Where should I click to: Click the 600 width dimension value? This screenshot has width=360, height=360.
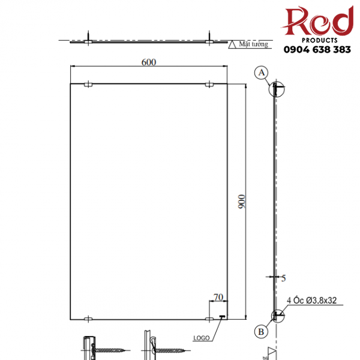pyautogui.click(x=148, y=62)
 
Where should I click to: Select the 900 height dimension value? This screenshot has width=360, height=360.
pyautogui.click(x=241, y=202)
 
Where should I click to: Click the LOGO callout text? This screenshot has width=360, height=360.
pyautogui.click(x=201, y=338)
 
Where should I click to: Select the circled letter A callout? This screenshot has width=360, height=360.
pyautogui.click(x=261, y=73)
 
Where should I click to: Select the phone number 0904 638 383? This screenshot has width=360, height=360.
pyautogui.click(x=317, y=50)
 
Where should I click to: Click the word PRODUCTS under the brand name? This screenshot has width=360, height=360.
pyautogui.click(x=318, y=37)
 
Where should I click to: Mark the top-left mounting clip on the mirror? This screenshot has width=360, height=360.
pyautogui.click(x=88, y=85)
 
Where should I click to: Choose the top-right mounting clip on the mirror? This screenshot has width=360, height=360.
pyautogui.click(x=209, y=85)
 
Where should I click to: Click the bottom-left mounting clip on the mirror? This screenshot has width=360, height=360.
pyautogui.click(x=88, y=318)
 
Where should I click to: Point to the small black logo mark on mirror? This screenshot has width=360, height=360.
pyautogui.click(x=222, y=317)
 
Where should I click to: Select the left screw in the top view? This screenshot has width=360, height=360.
pyautogui.click(x=88, y=38)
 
